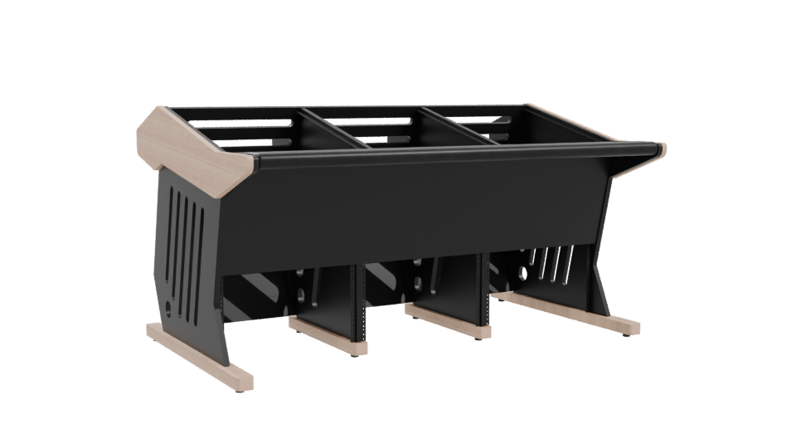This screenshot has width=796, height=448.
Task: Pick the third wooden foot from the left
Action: click(444, 319)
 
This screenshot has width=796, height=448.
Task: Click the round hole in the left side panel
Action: click(171, 305)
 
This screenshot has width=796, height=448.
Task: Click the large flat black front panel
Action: click(415, 207)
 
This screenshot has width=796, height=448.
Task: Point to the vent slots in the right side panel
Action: click(543, 261)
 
